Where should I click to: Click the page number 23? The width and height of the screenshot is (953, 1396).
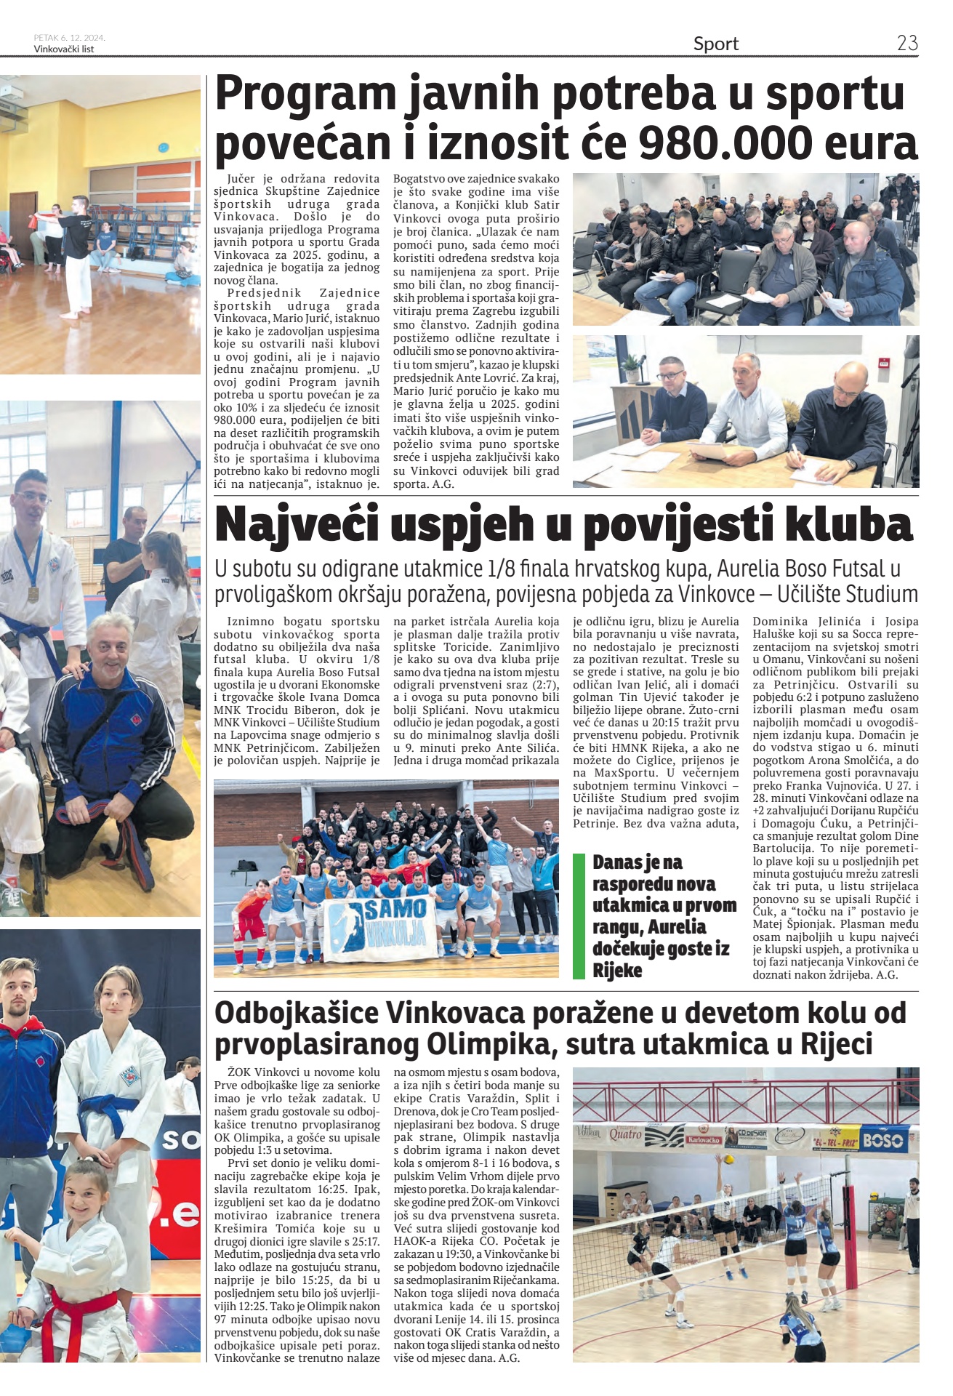coord(907,43)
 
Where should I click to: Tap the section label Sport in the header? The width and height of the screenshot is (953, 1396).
coord(715,44)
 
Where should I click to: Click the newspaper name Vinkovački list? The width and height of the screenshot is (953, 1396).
coord(64,49)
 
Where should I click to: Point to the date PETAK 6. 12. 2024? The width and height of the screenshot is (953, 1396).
coord(69,38)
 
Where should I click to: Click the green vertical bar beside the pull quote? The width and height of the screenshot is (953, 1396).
coord(579,915)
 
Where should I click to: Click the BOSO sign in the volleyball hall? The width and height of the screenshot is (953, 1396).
coord(882,1140)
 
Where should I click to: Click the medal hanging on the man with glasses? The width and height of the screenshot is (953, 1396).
coord(33,593)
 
